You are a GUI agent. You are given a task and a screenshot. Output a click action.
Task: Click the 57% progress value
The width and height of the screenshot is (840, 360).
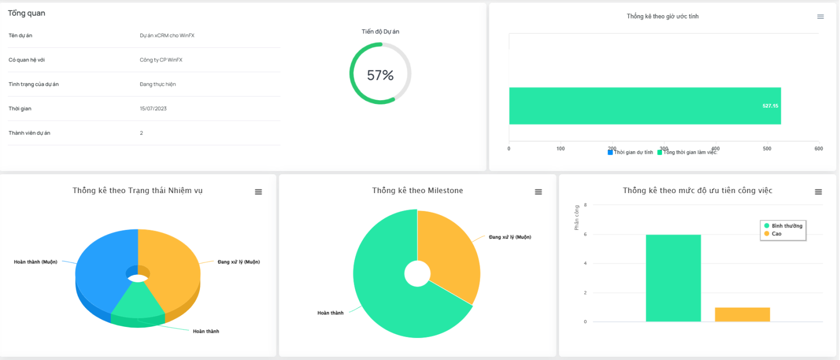pos(380,76)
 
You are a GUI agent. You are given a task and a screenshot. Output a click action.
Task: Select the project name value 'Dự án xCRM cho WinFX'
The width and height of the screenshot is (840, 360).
pos(167,36)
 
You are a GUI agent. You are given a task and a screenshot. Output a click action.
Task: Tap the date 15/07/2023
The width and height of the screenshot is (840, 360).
pos(153,109)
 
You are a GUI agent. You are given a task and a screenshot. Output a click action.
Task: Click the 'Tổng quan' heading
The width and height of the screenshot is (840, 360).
pos(26,13)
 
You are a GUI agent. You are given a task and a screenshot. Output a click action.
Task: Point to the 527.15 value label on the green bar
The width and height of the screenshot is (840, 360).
pos(770,106)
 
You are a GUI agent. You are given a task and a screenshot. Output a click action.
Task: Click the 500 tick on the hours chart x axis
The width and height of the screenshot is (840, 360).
pos(767,149)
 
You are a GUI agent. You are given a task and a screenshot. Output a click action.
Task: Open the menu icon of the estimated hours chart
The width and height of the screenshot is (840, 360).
pos(821,17)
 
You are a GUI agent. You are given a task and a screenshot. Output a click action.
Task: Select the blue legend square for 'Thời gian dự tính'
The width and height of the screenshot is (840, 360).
pos(610,152)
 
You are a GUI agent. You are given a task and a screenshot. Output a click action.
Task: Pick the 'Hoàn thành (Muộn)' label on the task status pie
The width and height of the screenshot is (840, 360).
pos(36,262)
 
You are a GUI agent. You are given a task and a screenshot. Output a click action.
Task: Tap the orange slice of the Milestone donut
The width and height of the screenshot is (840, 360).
pos(449,252)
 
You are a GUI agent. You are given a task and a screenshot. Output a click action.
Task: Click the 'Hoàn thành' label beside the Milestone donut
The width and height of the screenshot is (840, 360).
pos(330,313)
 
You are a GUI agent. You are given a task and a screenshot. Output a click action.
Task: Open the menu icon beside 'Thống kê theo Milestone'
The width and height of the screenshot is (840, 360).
pos(538,192)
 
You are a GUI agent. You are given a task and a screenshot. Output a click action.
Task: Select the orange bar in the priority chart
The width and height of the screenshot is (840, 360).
pos(742,314)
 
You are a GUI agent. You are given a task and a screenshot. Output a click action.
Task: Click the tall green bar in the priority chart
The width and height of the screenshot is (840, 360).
pos(673,278)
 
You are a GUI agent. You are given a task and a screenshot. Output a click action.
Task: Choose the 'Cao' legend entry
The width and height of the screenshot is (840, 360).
pos(776,234)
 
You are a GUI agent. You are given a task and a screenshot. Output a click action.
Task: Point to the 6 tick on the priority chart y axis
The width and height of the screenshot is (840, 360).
pos(585,235)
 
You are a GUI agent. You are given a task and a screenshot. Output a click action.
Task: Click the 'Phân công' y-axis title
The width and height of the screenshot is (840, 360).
pos(576,217)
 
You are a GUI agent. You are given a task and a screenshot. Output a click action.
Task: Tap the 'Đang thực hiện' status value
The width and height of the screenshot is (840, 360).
pos(157,84)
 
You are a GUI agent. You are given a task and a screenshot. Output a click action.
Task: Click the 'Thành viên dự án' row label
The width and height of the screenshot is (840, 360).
pos(29,133)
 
